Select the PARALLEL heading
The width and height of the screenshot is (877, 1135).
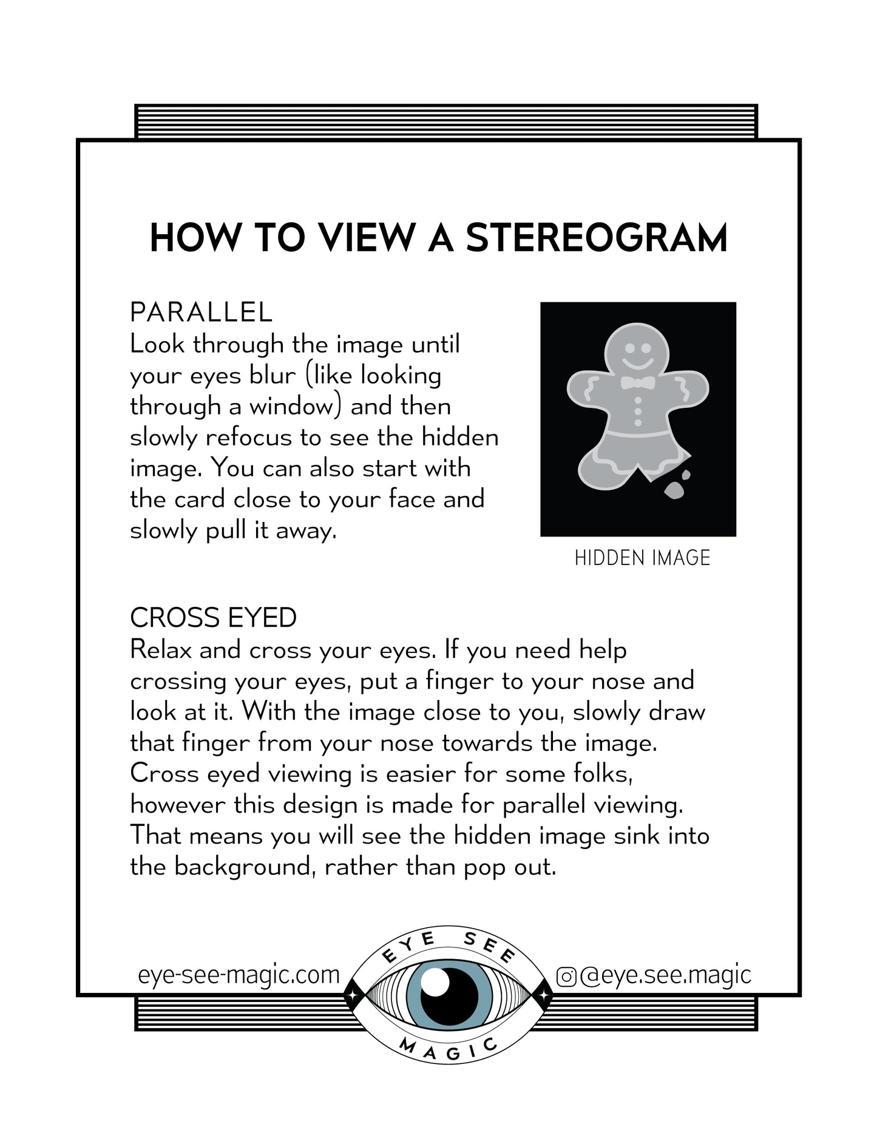point(201,313)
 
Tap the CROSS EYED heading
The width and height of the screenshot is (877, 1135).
point(213,618)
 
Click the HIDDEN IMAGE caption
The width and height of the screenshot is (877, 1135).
point(642,558)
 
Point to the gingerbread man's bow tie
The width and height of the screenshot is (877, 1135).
point(638,383)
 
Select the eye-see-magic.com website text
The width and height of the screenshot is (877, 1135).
point(239,975)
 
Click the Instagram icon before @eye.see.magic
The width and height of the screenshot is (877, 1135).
point(566,977)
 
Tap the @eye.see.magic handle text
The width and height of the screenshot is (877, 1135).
point(665,975)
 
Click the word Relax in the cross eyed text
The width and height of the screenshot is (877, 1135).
point(161,650)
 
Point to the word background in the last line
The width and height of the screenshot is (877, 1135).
point(244,867)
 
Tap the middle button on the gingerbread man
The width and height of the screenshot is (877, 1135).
point(638,411)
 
